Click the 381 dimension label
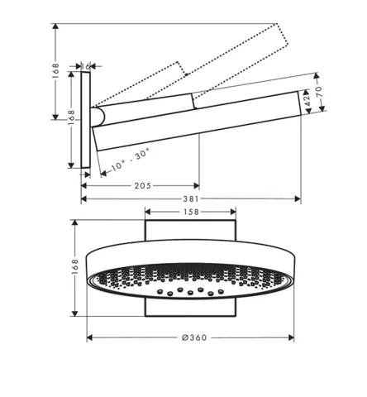[x=191, y=198]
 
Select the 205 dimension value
[x=143, y=186]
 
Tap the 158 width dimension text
[x=191, y=212]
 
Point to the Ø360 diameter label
[x=194, y=337]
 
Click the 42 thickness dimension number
[x=307, y=99]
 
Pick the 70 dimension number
[x=319, y=92]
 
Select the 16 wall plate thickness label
[x=86, y=66]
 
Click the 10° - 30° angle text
[x=131, y=159]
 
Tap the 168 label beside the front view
[x=75, y=266]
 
